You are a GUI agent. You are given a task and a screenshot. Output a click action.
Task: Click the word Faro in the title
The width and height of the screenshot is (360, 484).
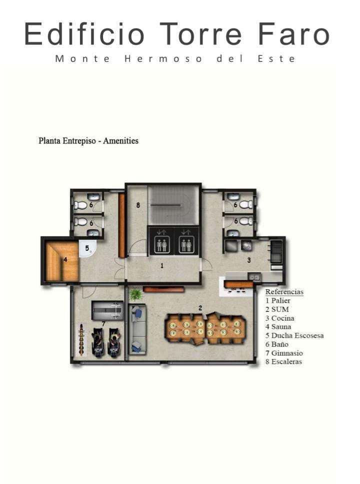[294, 34]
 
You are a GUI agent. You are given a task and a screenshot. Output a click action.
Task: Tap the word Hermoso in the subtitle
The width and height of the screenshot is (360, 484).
[163, 58]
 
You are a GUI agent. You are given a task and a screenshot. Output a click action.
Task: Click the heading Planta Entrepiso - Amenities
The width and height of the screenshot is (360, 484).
[88, 141]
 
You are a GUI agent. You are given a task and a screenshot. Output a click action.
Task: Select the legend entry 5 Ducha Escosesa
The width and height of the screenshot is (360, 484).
[294, 336]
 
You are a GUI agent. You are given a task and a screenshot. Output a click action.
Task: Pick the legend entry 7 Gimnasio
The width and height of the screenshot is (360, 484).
[284, 353]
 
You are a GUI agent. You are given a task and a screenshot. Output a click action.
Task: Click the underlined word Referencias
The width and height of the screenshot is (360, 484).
[284, 292]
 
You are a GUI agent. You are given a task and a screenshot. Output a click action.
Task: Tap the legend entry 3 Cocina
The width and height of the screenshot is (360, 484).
[279, 318]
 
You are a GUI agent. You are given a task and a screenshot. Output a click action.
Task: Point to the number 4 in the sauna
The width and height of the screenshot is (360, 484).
[65, 260]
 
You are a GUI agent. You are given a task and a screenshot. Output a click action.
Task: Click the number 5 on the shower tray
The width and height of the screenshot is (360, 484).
[87, 248]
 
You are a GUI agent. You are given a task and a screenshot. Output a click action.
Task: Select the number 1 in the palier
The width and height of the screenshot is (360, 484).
[161, 265]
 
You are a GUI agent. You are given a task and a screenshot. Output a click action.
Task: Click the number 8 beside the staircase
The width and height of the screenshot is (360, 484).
[138, 205]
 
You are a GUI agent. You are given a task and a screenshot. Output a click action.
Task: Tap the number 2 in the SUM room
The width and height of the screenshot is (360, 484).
[200, 308]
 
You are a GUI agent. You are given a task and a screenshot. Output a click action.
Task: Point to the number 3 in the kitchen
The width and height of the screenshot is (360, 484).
[249, 260]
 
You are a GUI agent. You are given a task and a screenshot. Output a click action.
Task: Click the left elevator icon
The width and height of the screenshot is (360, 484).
[161, 240]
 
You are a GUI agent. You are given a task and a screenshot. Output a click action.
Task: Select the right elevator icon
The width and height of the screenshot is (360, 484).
[186, 240]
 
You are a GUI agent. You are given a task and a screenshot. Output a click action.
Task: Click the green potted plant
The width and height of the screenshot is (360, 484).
[135, 295]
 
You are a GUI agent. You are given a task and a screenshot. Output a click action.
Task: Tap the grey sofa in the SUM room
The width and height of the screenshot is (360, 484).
[137, 329]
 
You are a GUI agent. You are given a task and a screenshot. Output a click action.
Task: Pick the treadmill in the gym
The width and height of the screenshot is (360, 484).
[107, 311]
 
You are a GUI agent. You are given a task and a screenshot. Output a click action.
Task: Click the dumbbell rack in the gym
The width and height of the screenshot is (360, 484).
[82, 340]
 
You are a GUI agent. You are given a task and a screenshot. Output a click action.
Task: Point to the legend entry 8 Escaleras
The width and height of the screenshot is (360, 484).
[283, 362]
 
